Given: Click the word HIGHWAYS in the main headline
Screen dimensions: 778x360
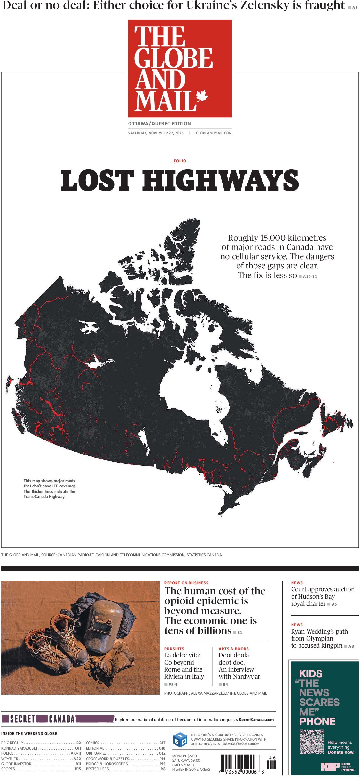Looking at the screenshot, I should (220, 181).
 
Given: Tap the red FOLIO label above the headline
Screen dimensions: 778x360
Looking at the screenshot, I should (180, 161).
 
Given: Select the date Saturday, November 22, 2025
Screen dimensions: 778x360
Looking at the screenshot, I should (156, 133).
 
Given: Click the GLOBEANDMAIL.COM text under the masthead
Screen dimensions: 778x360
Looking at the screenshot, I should (214, 133).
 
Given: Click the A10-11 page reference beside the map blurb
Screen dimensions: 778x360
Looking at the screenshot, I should (310, 277).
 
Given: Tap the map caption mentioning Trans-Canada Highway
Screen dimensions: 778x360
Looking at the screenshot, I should (50, 489).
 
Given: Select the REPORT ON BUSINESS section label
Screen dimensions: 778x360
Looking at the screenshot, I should (186, 583).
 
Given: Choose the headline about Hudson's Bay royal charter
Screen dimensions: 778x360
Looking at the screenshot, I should (322, 596).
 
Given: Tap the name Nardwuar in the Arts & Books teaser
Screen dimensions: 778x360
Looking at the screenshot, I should (247, 677).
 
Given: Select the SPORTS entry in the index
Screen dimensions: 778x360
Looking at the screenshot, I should (8, 769).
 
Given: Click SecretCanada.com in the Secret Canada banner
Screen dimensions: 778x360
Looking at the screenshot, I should (256, 720).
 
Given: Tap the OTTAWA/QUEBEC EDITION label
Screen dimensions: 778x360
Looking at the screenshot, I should (159, 124).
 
